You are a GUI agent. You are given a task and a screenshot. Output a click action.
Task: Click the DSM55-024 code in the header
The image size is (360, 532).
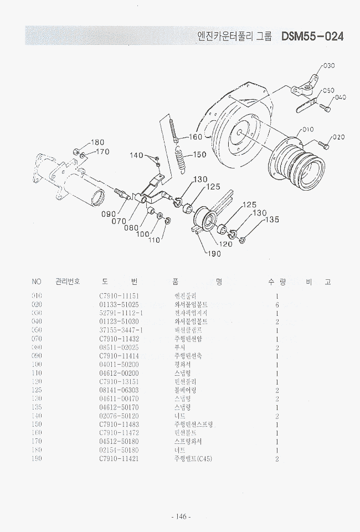[x=312, y=37]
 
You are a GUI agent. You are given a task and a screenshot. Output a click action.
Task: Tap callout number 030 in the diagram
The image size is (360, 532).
[x=328, y=66]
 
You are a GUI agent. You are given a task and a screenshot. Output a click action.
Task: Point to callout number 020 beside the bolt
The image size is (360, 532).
[x=338, y=137]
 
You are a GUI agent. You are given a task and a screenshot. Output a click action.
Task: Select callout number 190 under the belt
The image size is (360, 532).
[x=214, y=254]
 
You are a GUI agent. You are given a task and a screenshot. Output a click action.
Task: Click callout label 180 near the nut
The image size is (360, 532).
[x=97, y=142]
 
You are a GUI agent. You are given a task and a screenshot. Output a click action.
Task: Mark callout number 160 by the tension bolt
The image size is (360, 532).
[x=197, y=137]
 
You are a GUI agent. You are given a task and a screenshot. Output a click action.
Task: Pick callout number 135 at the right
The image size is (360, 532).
[x=271, y=220]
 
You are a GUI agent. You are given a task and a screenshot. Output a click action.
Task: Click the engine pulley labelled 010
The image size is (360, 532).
[x=292, y=160]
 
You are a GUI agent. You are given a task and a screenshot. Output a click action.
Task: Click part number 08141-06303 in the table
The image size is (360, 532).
[x=119, y=390]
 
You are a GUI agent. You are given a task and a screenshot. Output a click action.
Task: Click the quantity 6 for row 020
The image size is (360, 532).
[x=276, y=305]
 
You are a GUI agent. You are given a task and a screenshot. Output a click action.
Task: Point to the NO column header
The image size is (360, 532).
[x=37, y=282]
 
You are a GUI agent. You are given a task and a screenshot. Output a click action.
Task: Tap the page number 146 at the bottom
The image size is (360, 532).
[x=181, y=517]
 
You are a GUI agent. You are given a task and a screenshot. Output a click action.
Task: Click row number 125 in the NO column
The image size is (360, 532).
[x=37, y=390]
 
